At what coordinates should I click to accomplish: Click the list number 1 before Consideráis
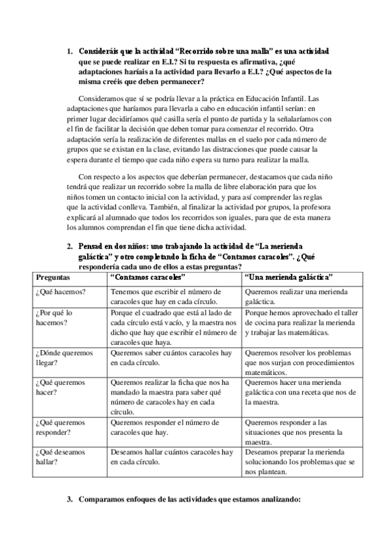pos(70,51)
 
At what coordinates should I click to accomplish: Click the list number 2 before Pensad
pos(70,248)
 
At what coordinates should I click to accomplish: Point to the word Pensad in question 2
pos(94,248)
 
